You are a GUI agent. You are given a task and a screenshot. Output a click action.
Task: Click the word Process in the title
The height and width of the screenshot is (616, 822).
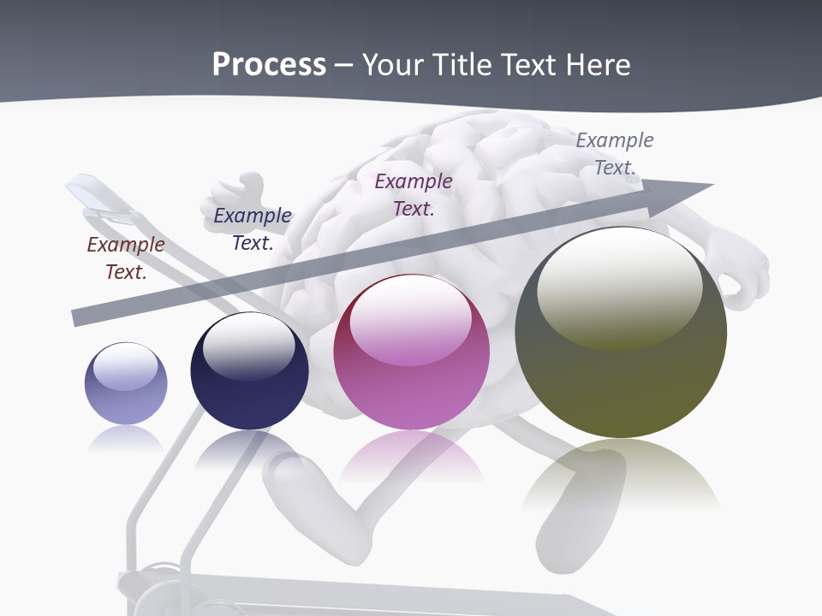click(269, 64)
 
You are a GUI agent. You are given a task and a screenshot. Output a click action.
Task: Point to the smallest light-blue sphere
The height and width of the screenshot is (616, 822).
click(126, 383)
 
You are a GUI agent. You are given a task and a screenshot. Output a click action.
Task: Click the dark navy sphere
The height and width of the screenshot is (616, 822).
click(249, 371)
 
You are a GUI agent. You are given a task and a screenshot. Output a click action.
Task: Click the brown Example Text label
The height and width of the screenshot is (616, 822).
click(126, 258)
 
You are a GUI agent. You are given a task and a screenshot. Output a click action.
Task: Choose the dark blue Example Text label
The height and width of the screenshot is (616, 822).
click(253, 229)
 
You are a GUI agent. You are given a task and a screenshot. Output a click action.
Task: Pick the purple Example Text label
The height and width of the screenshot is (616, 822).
click(414, 194)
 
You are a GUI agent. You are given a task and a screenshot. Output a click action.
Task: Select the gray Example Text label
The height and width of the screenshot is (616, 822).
click(615, 154)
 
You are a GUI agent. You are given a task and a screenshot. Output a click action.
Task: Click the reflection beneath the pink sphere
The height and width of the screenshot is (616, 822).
click(411, 458)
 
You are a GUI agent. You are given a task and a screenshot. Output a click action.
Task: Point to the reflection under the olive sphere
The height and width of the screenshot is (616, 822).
click(621, 475)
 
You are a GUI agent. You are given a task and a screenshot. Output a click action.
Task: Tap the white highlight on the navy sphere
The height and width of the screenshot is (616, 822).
click(248, 342)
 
